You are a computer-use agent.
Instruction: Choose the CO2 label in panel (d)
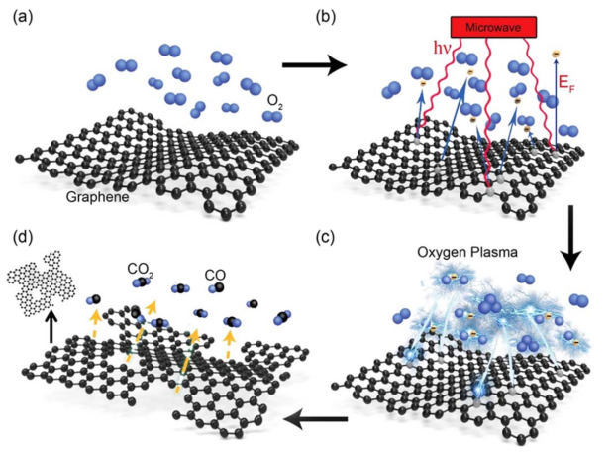tap(139, 268)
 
